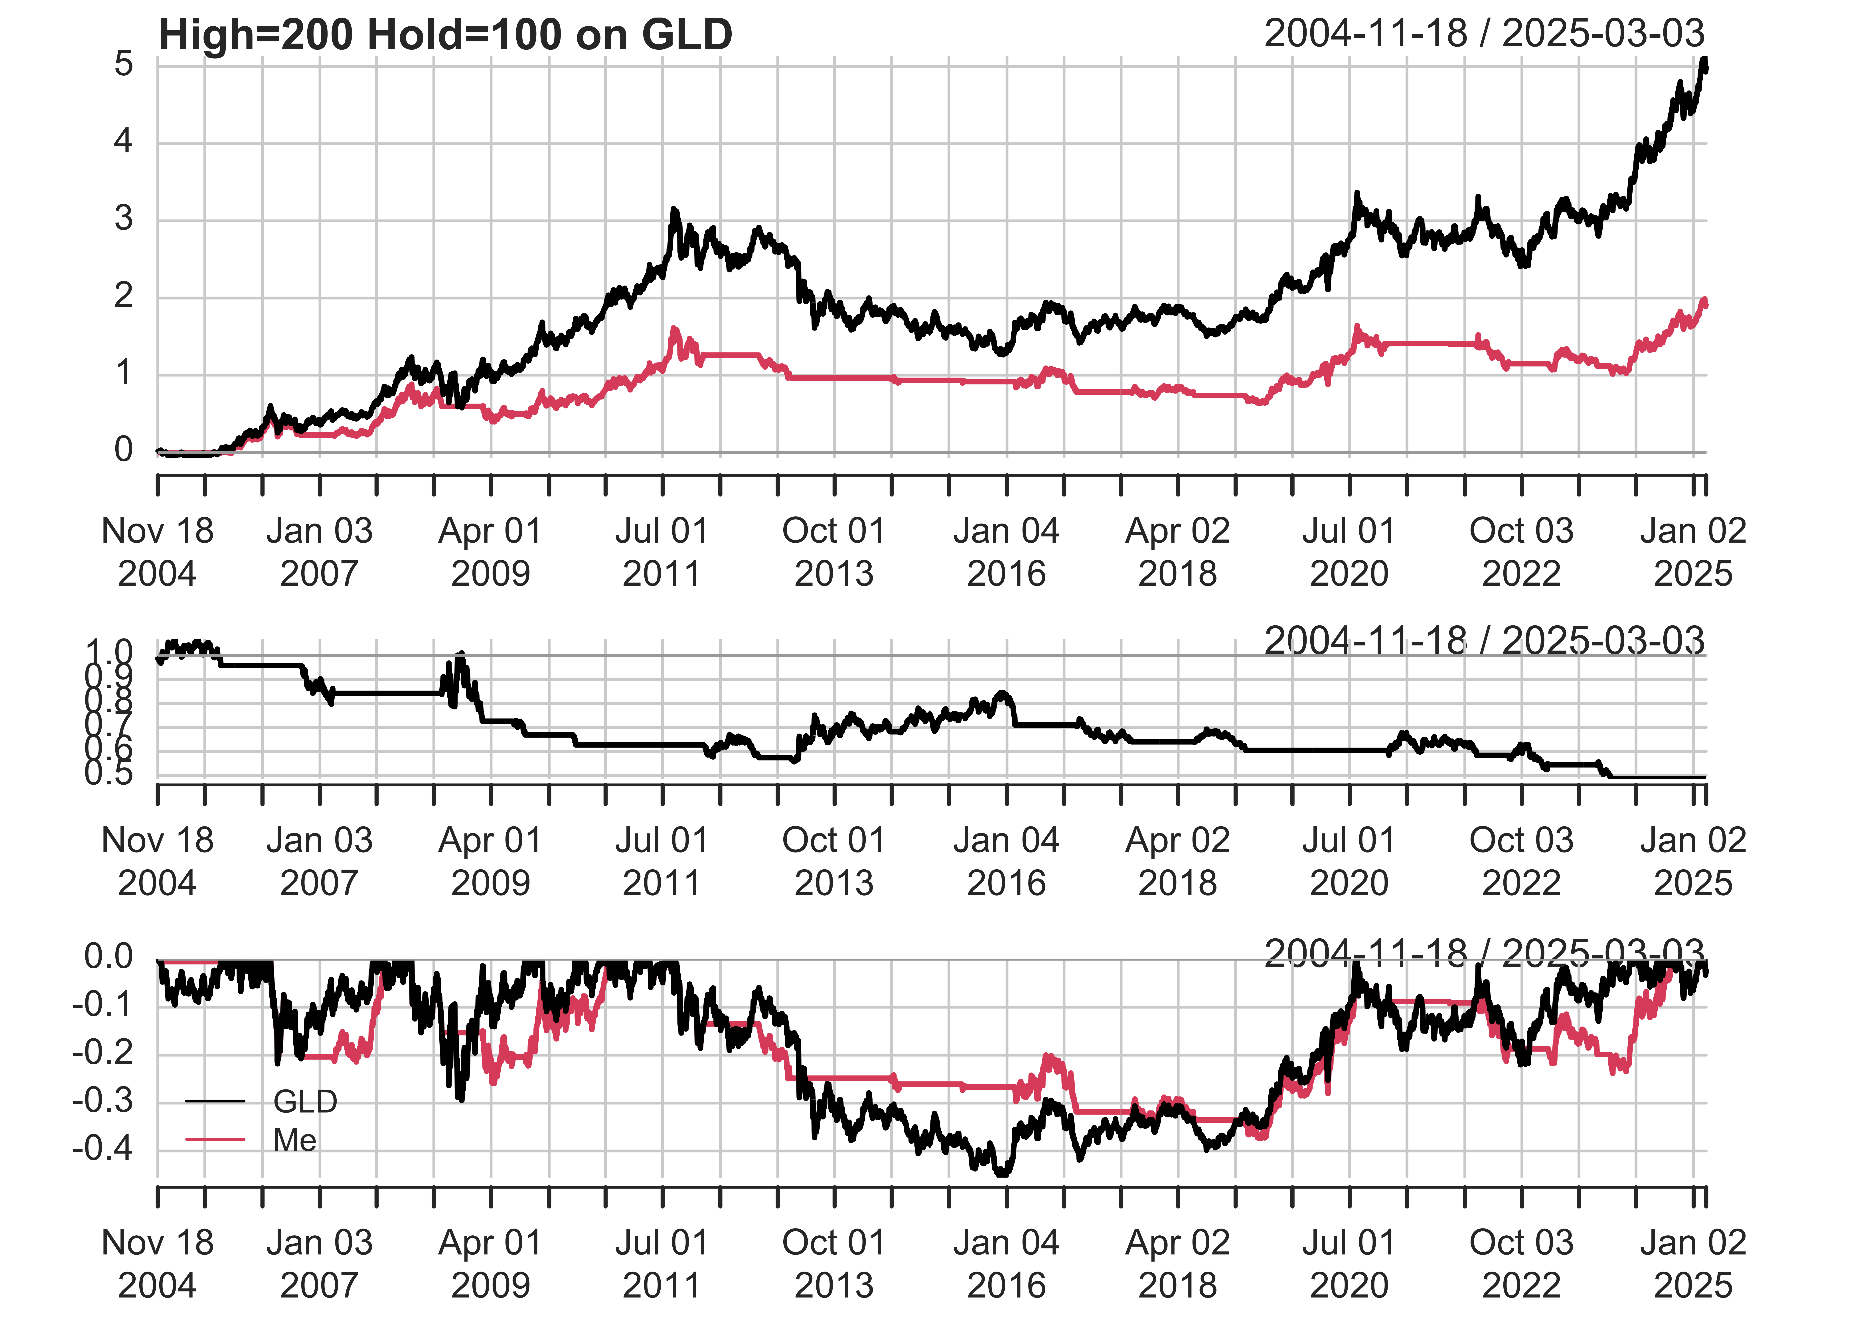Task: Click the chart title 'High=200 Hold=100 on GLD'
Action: [x=445, y=35]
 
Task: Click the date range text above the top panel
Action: [x=1484, y=33]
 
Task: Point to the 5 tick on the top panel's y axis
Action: [x=124, y=64]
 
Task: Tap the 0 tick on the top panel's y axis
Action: [x=124, y=450]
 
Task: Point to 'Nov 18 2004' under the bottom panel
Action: [x=157, y=1264]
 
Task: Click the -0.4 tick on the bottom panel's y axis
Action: [x=103, y=1149]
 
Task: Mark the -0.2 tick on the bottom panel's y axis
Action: [x=103, y=1053]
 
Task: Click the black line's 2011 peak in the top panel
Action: [x=674, y=211]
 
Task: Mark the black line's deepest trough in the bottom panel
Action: [x=1002, y=1174]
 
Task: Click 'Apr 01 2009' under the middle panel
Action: [x=490, y=861]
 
